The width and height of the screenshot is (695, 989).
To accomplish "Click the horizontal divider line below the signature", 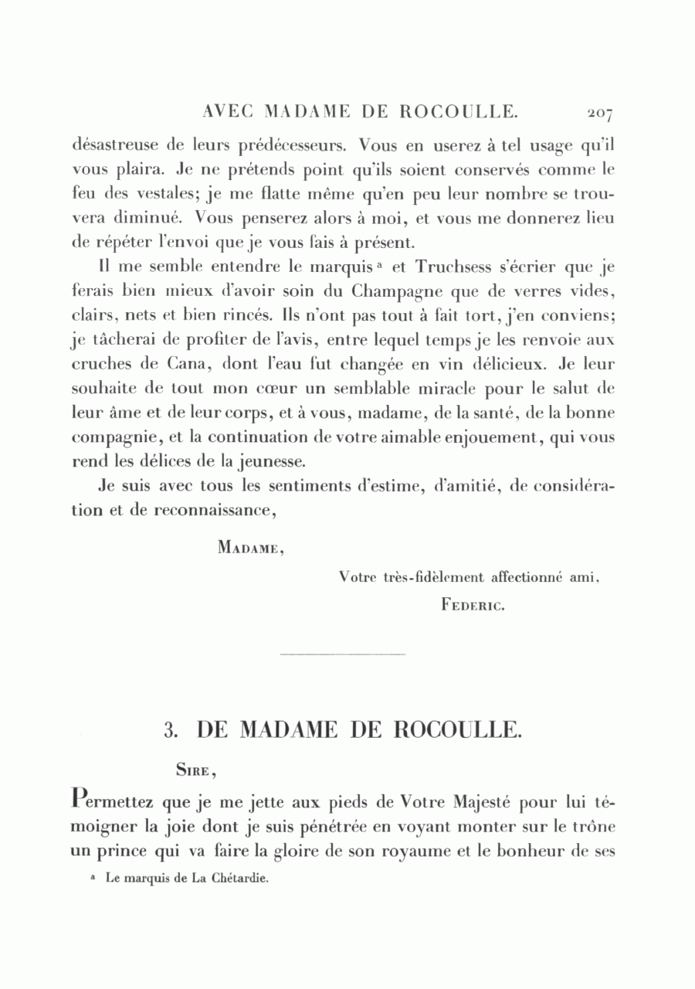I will [341, 656].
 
